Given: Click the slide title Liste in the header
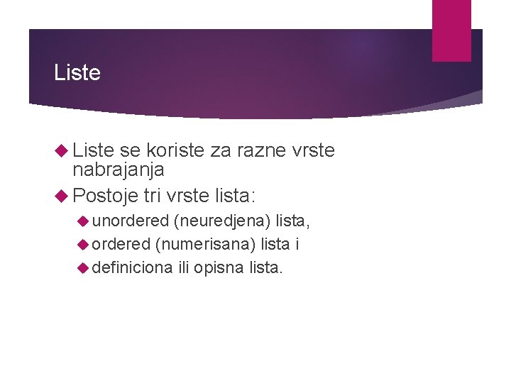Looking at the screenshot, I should pyautogui.click(x=77, y=72).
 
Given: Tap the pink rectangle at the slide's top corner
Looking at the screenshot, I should pyautogui.click(x=451, y=30).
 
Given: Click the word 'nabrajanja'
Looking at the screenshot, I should pyautogui.click(x=119, y=170).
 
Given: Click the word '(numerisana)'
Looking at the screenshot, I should pyautogui.click(x=205, y=244).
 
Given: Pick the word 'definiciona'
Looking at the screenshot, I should pyautogui.click(x=132, y=267).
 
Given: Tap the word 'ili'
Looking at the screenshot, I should pyautogui.click(x=183, y=267).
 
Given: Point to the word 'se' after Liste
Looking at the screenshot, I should pyautogui.click(x=130, y=150).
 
